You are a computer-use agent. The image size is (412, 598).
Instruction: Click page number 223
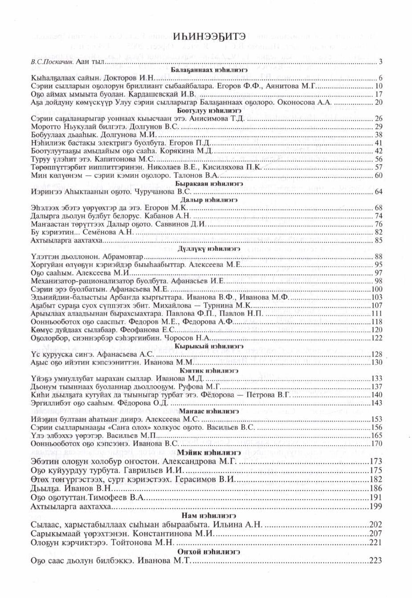point(376,561)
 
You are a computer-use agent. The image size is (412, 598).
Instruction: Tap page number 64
point(379,192)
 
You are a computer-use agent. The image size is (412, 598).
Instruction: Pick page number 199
point(376,506)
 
